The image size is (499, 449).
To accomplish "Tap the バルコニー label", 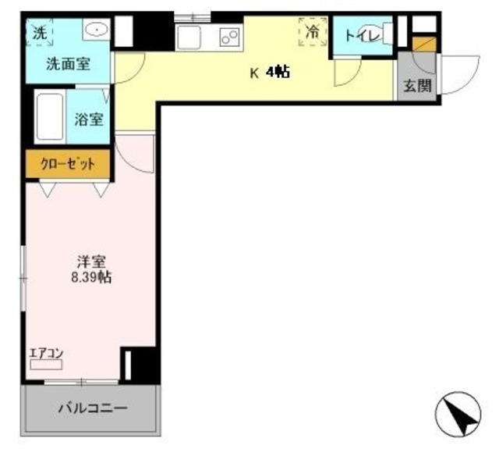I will coord(93,408).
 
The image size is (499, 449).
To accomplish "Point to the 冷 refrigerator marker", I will coord(312,32).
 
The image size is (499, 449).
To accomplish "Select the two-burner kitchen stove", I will coord(228,36).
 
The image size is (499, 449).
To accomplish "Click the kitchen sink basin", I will coord(189,37).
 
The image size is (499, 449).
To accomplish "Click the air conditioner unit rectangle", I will coord(46,365).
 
